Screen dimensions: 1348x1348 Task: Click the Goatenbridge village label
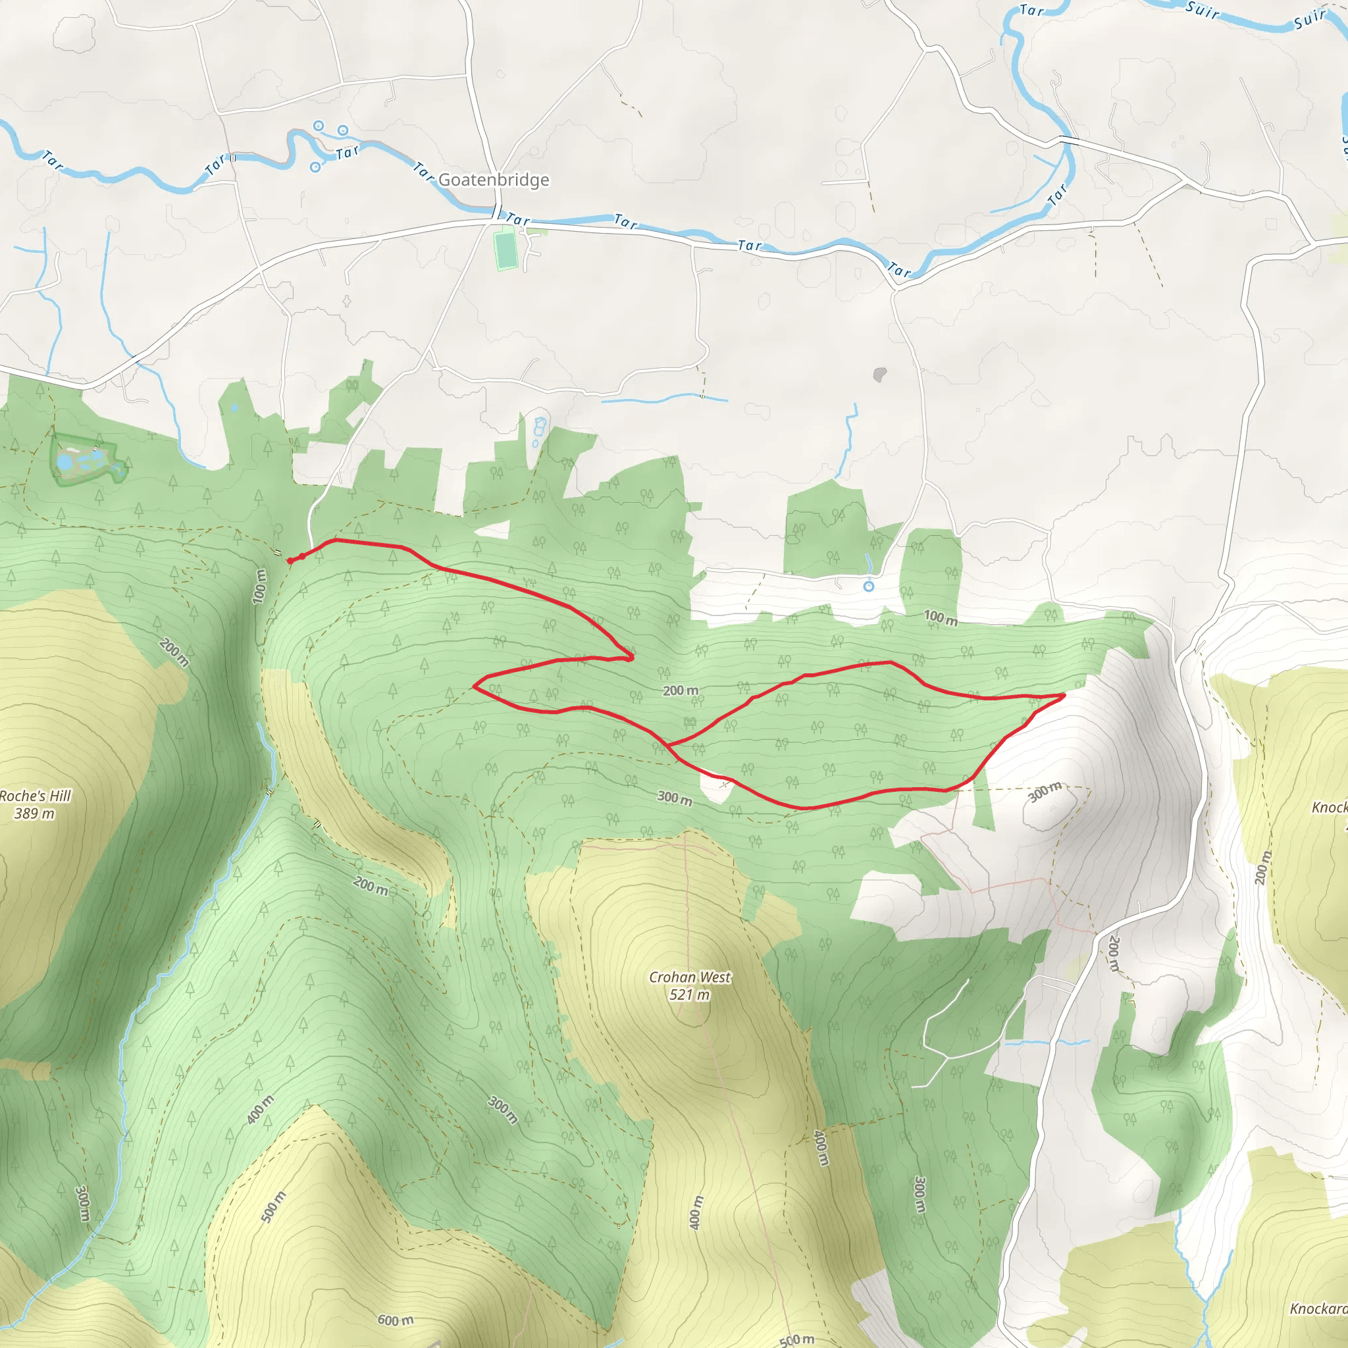click(x=493, y=180)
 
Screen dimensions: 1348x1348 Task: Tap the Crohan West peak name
click(x=689, y=977)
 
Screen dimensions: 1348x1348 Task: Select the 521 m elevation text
click(x=689, y=995)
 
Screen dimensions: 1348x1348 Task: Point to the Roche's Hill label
click(x=35, y=796)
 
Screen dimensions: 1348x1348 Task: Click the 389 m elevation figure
click(x=34, y=814)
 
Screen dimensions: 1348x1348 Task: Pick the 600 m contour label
click(x=395, y=1320)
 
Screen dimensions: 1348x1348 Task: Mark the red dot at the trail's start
click(x=290, y=561)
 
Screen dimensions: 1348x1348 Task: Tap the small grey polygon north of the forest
click(x=880, y=375)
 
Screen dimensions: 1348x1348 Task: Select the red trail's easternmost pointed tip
click(x=1065, y=695)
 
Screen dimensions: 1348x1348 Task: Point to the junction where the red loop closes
click(x=669, y=745)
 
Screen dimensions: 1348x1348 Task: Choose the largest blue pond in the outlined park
click(x=65, y=462)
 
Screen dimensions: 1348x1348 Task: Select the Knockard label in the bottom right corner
click(x=1317, y=1309)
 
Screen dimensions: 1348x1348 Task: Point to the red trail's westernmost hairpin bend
click(x=475, y=686)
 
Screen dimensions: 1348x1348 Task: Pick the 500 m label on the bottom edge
click(x=796, y=1339)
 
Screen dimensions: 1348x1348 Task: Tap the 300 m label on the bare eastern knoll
click(x=1045, y=791)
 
